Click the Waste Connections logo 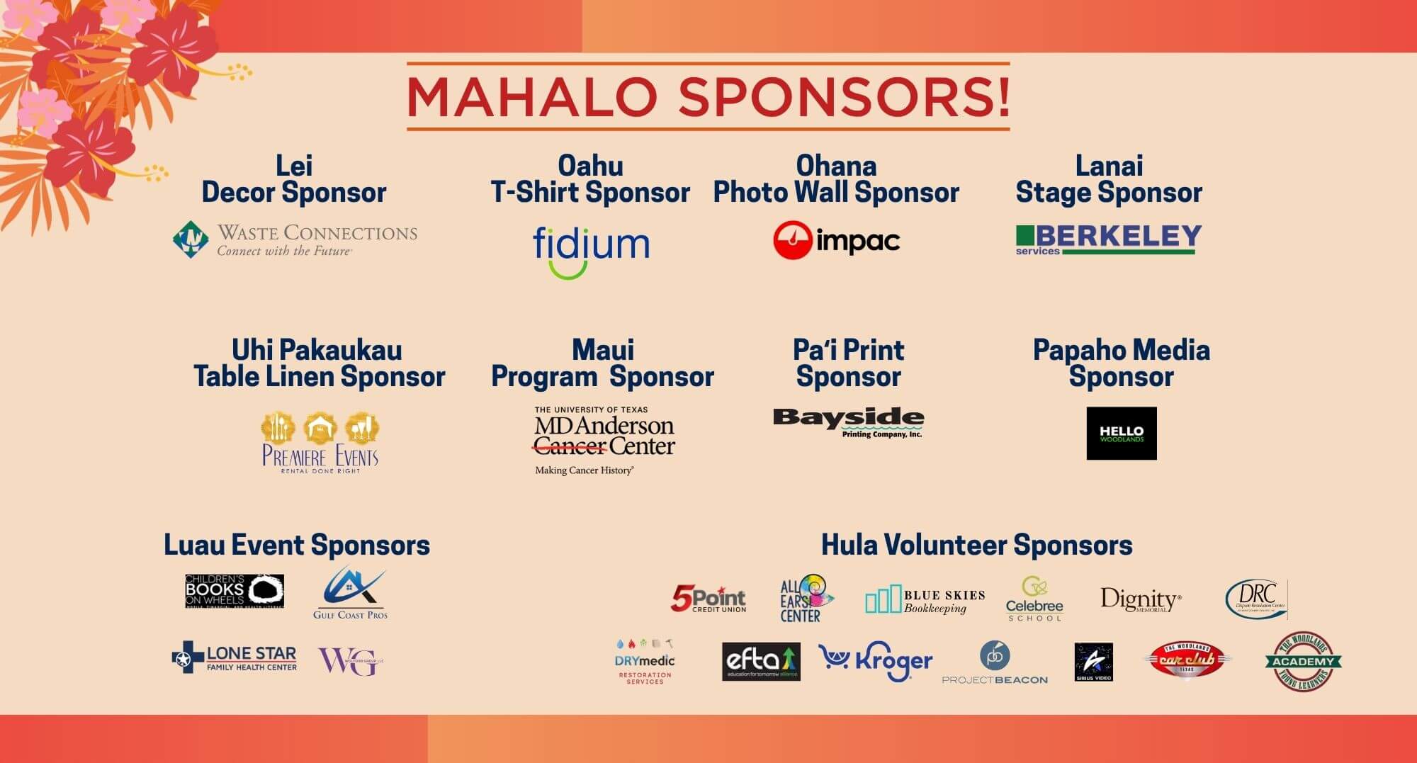[x=295, y=240]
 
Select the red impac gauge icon [x=792, y=240]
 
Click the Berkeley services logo [x=1108, y=239]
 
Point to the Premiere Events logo [x=320, y=443]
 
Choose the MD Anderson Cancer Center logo [x=604, y=439]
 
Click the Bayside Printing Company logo [x=848, y=422]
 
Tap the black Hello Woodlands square [x=1121, y=433]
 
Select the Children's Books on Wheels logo [x=235, y=591]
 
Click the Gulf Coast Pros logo [x=351, y=592]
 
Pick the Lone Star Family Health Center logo [x=235, y=658]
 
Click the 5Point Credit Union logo [x=708, y=599]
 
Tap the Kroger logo [x=875, y=660]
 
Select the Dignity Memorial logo [x=1140, y=599]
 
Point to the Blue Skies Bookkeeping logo [x=925, y=600]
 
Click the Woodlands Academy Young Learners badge [x=1303, y=661]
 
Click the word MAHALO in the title [x=531, y=97]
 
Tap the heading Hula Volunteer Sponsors [x=976, y=545]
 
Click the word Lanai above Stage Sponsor [x=1108, y=166]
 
